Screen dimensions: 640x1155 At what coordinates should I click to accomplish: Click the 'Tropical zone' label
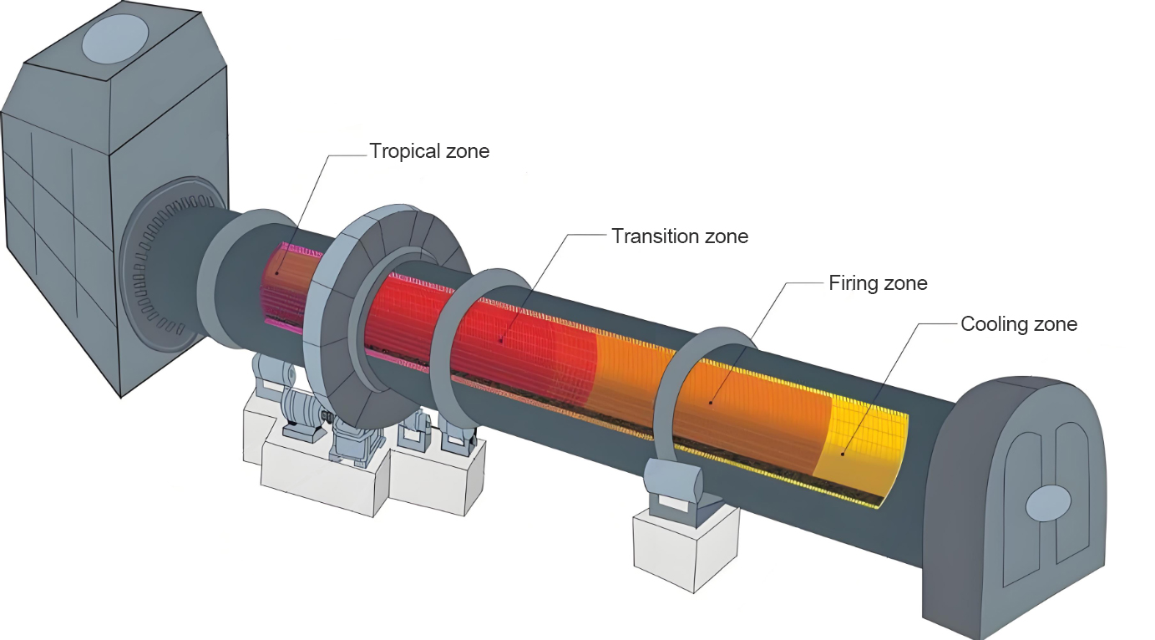point(429,151)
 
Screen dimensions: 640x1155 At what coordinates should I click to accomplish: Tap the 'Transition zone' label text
point(679,236)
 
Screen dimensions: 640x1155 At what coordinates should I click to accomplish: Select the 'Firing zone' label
point(878,283)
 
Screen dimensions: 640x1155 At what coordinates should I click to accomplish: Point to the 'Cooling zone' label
point(1019,324)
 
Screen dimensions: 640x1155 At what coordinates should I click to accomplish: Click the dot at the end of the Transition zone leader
point(500,339)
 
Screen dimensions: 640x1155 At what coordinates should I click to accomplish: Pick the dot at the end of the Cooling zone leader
point(843,454)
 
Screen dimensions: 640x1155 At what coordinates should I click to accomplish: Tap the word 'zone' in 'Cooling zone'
point(1053,324)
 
